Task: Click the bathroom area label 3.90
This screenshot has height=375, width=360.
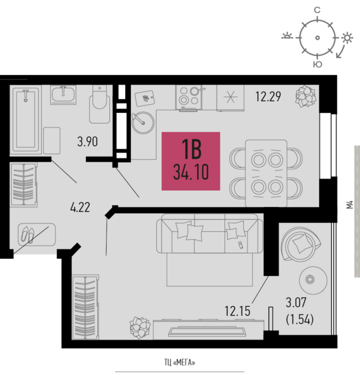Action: click(x=88, y=141)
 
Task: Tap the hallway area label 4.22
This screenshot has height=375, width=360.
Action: click(x=80, y=207)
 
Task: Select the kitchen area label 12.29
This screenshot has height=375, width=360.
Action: click(x=268, y=97)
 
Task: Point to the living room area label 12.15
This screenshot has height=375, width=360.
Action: click(x=237, y=311)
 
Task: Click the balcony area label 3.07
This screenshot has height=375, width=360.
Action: click(x=296, y=302)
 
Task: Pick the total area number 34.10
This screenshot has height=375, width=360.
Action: click(x=191, y=172)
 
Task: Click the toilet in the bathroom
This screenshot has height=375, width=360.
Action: click(x=100, y=105)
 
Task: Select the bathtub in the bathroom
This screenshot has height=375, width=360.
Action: click(x=26, y=120)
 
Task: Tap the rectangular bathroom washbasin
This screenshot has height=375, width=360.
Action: click(x=63, y=95)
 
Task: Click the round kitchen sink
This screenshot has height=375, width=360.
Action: click(x=143, y=122)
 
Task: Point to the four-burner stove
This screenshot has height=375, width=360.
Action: click(x=189, y=98)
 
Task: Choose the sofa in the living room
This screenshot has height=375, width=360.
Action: click(x=210, y=233)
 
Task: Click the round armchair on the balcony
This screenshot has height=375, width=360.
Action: click(x=301, y=244)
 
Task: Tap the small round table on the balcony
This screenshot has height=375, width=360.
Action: click(x=313, y=280)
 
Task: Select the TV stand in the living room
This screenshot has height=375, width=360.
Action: click(x=208, y=330)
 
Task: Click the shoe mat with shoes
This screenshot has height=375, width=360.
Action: click(x=37, y=234)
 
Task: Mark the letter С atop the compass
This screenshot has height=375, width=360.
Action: click(x=317, y=10)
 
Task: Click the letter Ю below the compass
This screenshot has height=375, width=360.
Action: click(x=318, y=64)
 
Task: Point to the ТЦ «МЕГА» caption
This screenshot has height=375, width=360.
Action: click(x=179, y=362)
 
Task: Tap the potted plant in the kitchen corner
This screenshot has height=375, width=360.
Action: click(x=306, y=96)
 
